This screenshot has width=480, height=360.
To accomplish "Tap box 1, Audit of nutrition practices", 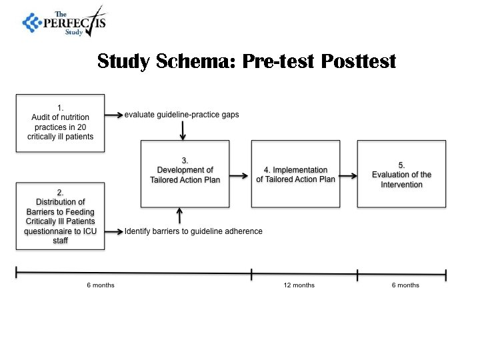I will click(61, 123).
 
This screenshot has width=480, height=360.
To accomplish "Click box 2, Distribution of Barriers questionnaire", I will click(61, 216).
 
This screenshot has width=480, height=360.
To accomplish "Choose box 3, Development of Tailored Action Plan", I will click(185, 174).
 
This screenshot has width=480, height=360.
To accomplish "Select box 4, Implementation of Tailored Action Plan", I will click(295, 174).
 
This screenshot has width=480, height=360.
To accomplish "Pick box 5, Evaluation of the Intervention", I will click(401, 174).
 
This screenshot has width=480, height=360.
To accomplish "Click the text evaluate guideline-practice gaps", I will click(181, 115).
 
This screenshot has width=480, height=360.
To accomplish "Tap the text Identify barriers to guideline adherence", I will click(193, 231).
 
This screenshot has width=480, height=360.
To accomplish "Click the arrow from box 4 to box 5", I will click(347, 179).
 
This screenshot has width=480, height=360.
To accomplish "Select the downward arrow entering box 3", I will click(183, 131).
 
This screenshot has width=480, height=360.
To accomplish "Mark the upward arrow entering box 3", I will click(179, 215).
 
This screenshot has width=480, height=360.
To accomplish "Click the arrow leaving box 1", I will click(114, 115).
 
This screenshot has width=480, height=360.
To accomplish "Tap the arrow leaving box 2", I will click(114, 231).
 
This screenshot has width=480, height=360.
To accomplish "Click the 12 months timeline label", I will click(299, 285).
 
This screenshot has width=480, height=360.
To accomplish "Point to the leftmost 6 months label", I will click(101, 285).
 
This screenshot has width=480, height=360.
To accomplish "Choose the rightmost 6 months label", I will click(405, 285).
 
